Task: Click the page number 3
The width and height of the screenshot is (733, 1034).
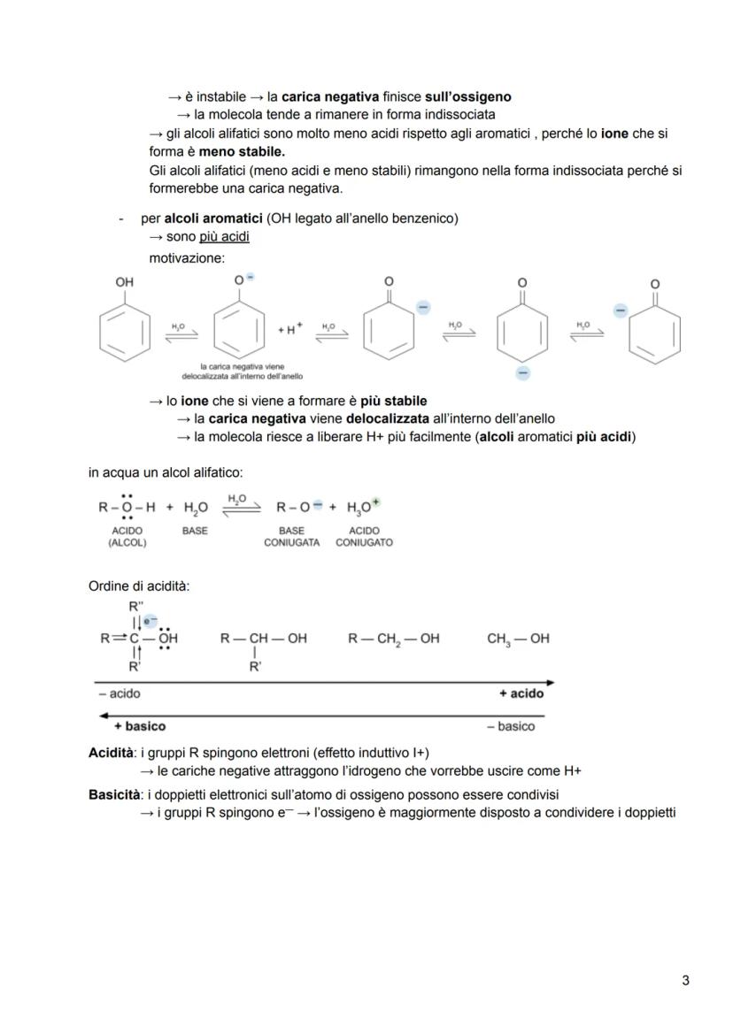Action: click(x=685, y=979)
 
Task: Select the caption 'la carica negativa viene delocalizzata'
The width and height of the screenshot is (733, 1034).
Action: click(x=235, y=371)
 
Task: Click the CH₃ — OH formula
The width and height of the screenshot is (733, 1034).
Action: click(x=518, y=639)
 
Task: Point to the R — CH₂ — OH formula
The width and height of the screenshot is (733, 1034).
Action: click(x=393, y=639)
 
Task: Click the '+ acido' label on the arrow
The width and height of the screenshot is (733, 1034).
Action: click(x=521, y=693)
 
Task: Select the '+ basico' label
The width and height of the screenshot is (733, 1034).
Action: click(x=139, y=726)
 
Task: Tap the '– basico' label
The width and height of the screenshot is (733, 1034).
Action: click(x=511, y=726)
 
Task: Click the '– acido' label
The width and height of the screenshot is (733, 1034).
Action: click(x=120, y=693)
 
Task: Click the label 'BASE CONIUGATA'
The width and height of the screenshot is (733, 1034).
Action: click(x=291, y=537)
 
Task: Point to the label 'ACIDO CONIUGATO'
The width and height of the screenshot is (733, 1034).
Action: click(x=364, y=537)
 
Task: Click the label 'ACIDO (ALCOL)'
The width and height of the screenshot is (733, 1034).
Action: click(x=127, y=537)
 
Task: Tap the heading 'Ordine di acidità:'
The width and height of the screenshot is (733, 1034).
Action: click(x=139, y=586)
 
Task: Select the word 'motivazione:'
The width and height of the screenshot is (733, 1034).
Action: click(x=187, y=257)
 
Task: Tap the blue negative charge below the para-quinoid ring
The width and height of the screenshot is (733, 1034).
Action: click(x=522, y=373)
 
